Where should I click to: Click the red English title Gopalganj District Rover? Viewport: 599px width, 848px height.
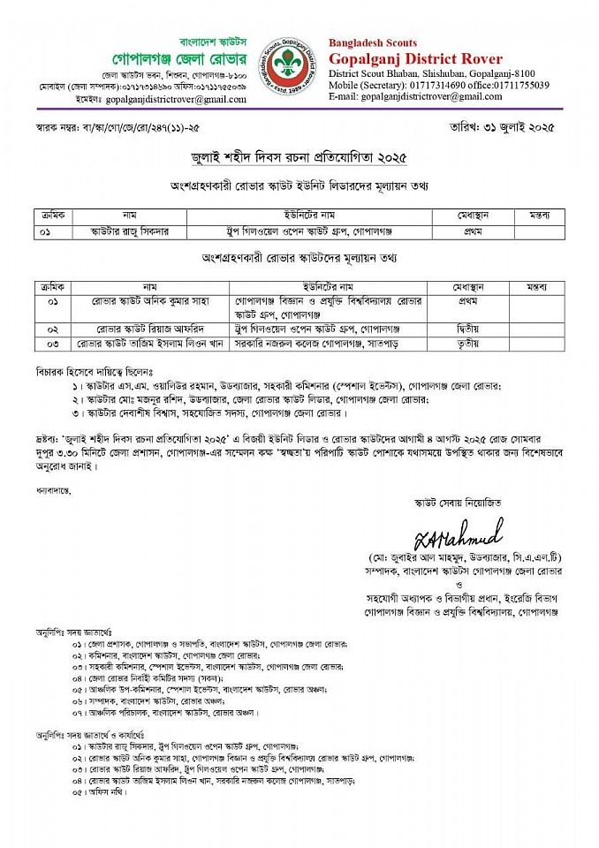pyautogui.click(x=415, y=59)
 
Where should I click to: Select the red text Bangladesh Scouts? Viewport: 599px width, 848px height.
pyautogui.click(x=373, y=42)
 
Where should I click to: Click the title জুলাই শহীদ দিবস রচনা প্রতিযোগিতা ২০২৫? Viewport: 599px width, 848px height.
pyautogui.click(x=299, y=158)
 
